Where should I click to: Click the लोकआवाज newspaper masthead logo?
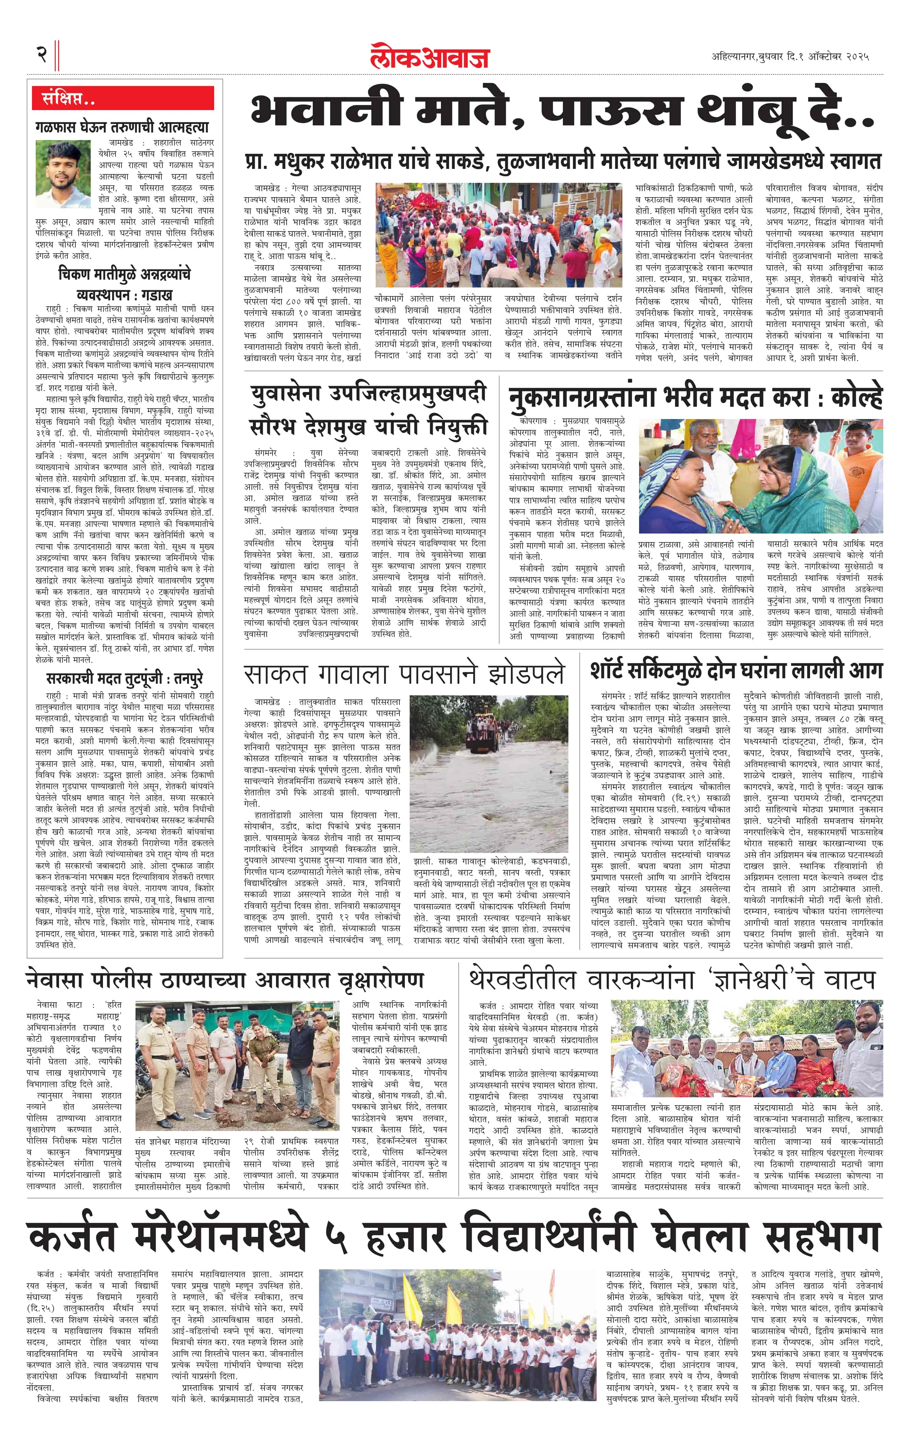(x=429, y=56)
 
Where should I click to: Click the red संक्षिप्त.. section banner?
(x=123, y=98)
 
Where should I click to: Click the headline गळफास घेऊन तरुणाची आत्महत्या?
(x=122, y=127)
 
